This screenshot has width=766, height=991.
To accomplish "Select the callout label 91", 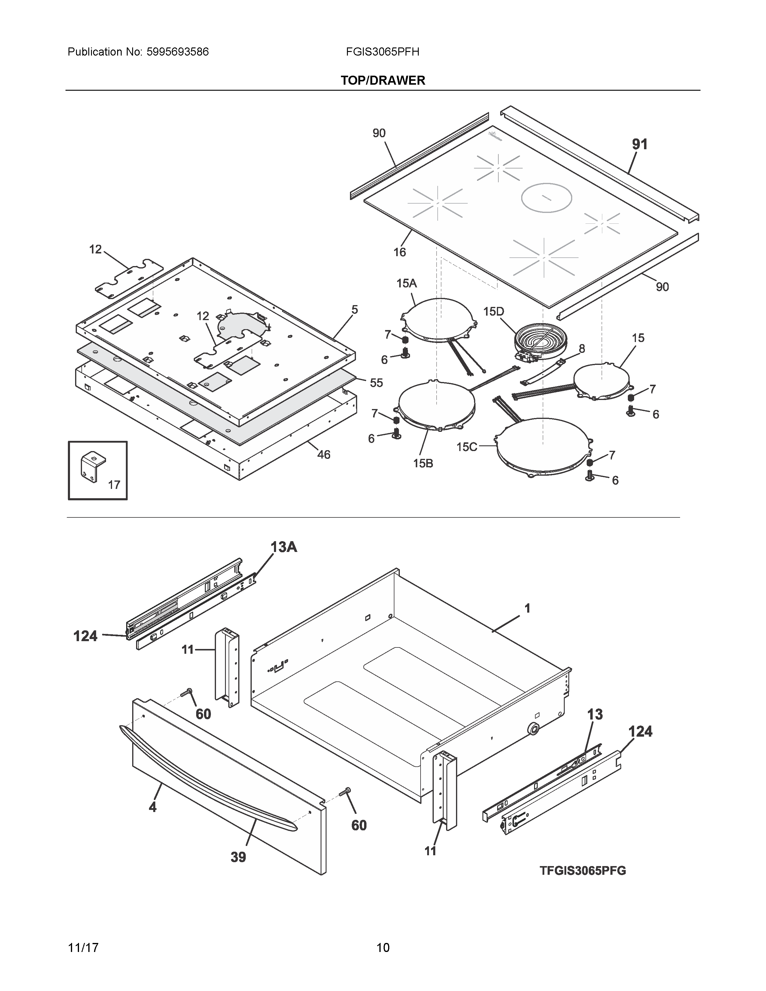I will coord(640,144).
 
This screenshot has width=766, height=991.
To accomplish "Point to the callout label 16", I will coord(399,252).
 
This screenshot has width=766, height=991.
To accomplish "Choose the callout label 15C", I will coord(467,447).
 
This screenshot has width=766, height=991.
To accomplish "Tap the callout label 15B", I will coord(423,463).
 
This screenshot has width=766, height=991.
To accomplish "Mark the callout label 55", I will coord(376,383).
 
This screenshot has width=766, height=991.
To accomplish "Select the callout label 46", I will coord(324,454).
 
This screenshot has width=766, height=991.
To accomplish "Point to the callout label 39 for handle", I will coord(238,857).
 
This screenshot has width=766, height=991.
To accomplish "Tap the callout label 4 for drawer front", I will coord(153,807).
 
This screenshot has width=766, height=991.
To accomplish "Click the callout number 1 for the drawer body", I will coord(527,608).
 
